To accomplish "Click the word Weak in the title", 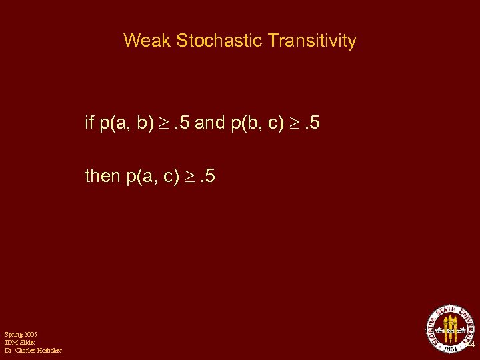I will click(147, 41).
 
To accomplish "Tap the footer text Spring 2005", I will click(20, 334).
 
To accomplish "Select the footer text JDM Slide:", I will click(19, 342).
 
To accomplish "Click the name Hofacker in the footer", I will click(47, 350).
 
